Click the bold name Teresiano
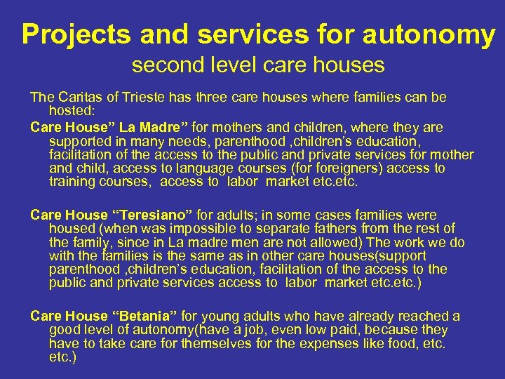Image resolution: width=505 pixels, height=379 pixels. (149, 215)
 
